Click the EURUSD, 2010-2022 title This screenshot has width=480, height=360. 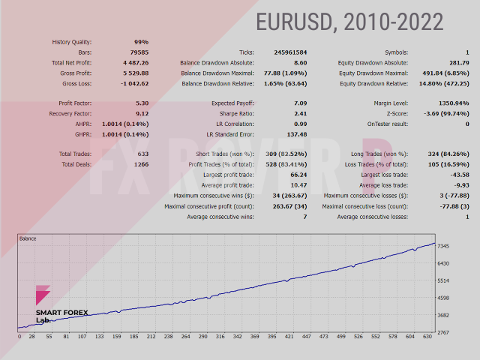[x=349, y=22]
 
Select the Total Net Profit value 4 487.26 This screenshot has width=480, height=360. [x=132, y=63]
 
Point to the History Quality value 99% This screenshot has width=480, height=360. [x=140, y=42]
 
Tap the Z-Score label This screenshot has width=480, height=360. [x=393, y=113]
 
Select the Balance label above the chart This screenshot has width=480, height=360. [x=28, y=238]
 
